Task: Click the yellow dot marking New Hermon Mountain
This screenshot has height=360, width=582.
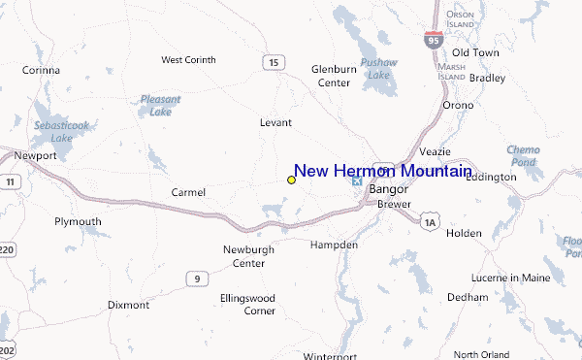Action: (x=291, y=180)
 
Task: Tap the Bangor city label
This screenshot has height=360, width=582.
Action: (x=387, y=189)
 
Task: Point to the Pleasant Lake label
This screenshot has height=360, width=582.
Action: (x=159, y=105)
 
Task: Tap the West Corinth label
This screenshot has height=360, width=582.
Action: (x=187, y=60)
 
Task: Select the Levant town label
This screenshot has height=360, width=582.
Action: (x=275, y=123)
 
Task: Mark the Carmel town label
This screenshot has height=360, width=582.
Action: (x=188, y=192)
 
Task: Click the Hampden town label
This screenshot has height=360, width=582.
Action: (x=334, y=245)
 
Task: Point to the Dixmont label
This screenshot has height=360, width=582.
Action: (x=128, y=305)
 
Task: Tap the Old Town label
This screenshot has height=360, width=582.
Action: (x=475, y=52)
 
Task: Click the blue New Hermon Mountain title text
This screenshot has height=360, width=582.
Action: (x=383, y=171)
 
